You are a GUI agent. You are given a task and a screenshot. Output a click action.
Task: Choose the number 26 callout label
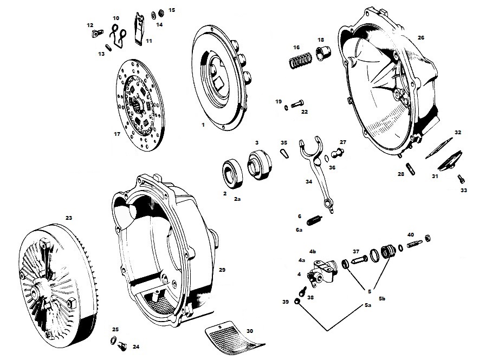pos(421,37)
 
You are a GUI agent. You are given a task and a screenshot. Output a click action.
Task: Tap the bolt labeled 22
pos(296,103)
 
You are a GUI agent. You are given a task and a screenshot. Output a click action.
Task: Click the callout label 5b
pos(382,299)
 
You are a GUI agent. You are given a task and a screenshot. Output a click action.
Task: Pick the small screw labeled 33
pos(460,179)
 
